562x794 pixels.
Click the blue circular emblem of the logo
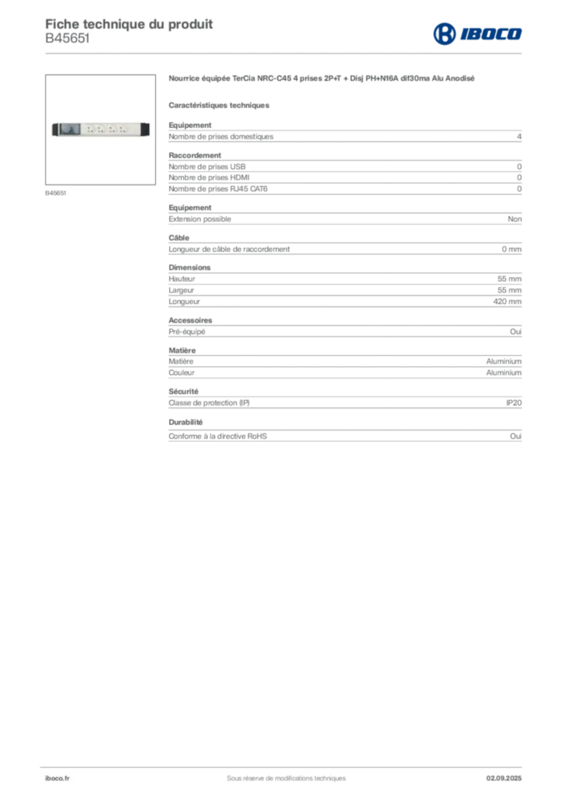[x=443, y=34]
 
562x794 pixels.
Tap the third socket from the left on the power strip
[x=112, y=129]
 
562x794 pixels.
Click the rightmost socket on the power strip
[x=123, y=129]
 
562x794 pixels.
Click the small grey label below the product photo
[x=56, y=192]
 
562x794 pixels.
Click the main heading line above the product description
[x=321, y=80]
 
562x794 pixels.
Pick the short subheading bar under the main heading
[x=220, y=104]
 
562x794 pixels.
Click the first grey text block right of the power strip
[x=345, y=136]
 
